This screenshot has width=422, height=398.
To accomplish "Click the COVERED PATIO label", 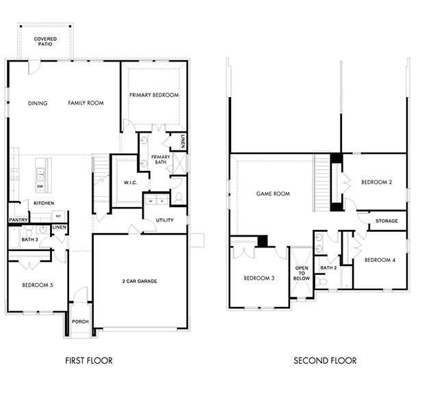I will coord(45,42).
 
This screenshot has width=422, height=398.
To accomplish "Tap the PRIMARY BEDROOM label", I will coord(154,95).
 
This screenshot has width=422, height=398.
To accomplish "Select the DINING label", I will coord(38,103).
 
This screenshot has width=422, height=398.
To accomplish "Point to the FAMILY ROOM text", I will coord(85,103).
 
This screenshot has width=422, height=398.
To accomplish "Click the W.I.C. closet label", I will coord(131,183).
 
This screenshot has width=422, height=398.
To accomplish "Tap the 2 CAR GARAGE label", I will coord(140,280).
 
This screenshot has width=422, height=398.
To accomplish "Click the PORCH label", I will coord(80,322).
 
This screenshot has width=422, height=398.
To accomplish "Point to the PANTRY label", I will coord(18,220).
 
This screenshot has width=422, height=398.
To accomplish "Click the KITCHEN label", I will coord(44,203).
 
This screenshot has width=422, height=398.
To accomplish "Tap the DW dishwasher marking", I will coord(40,186).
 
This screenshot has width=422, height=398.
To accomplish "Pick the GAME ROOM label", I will coord(273,194).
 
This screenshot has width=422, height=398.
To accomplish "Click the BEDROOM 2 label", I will coord(376,182).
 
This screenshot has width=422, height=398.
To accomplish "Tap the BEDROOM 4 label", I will coord(379,260).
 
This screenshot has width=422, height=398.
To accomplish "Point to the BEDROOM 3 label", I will coord(259,278).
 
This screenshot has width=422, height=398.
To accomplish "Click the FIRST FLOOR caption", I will coord(89,360).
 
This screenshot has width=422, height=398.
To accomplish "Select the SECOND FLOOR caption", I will coord(325,360).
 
